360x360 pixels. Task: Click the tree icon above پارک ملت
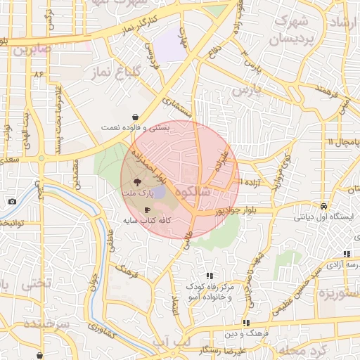(146, 181)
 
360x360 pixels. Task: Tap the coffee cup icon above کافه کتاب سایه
(147, 210)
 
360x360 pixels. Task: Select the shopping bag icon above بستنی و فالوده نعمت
(134, 117)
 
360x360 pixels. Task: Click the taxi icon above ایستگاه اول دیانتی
(323, 207)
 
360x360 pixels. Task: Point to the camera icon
(12, 202)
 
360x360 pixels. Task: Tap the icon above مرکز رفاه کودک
(209, 276)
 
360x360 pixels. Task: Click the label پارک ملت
(146, 192)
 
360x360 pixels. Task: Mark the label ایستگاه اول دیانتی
(323, 217)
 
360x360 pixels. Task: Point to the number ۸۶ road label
(37, 73)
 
